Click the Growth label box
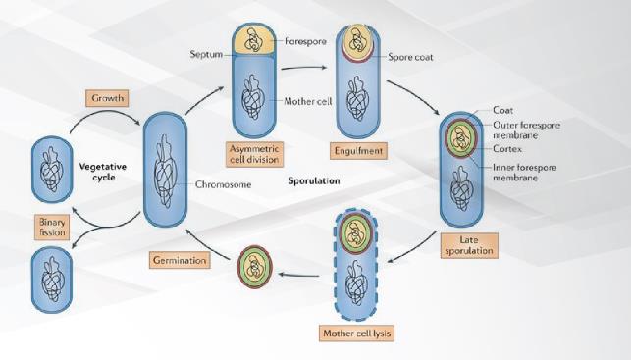[x=107, y=99]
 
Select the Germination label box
[x=179, y=260]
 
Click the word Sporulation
[x=314, y=181]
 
